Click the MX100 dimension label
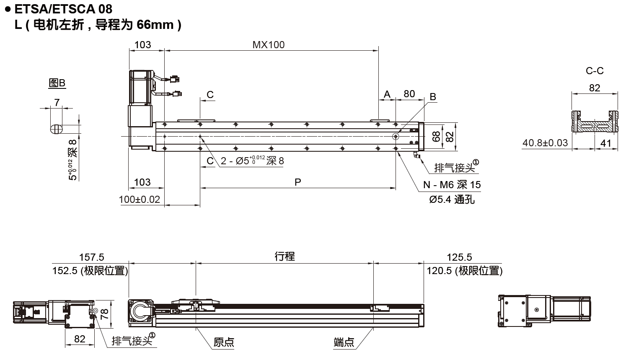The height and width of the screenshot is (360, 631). click(268, 45)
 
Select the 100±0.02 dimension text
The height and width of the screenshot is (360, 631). click(140, 199)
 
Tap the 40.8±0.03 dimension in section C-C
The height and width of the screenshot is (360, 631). click(545, 143)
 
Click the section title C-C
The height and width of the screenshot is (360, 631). click(594, 71)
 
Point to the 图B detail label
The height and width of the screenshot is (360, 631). click(57, 83)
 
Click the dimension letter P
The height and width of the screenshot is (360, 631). click(298, 182)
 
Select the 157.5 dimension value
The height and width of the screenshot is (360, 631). click(92, 257)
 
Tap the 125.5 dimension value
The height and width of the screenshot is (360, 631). click(459, 257)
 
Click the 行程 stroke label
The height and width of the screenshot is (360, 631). click(285, 256)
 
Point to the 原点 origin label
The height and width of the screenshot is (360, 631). click(224, 342)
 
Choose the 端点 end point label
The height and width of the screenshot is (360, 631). click(344, 342)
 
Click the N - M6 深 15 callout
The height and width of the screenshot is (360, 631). click(452, 185)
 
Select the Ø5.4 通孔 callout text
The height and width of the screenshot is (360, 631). click(452, 199)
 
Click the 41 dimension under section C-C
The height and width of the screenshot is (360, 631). click(606, 143)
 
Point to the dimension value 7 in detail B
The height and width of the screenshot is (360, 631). click(57, 102)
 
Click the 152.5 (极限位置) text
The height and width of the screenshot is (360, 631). click(90, 271)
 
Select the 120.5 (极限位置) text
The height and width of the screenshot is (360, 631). click(464, 271)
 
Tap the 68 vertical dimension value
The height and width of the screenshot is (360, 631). click(436, 136)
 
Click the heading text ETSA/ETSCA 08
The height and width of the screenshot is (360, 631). click(63, 8)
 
